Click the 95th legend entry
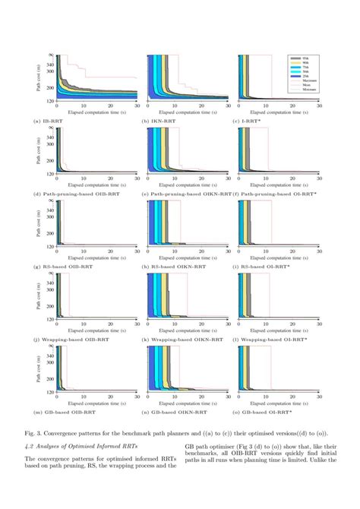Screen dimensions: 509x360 pyautogui.click(x=304, y=58)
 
